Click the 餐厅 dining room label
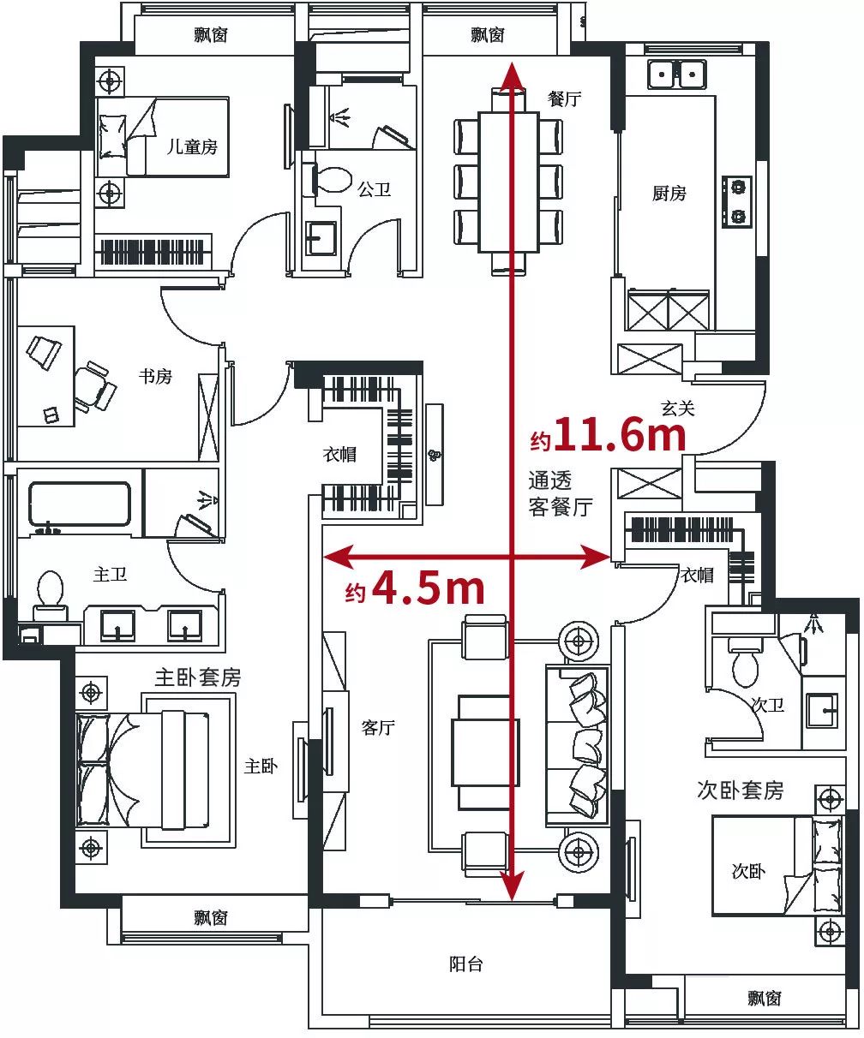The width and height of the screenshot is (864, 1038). pos(564,99)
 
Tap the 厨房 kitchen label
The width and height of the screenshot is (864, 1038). pos(669,193)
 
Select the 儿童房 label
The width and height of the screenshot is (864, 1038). pos(192,146)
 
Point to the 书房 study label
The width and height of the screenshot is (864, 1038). pos(155,376)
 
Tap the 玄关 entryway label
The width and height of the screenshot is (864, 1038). pos(677,409)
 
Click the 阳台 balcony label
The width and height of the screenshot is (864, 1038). pos(465,964)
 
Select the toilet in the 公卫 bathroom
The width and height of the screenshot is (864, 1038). pos(332,181)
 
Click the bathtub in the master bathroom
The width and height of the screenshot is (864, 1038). pos(80,504)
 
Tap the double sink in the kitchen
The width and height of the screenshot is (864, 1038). pos(677,75)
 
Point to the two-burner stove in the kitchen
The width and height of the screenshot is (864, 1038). pos(737,201)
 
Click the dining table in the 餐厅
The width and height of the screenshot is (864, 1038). pos(508,182)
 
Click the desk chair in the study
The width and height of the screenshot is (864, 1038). pos(95,386)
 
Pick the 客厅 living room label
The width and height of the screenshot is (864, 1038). pos(378,728)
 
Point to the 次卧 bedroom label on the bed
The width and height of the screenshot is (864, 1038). pos(748,872)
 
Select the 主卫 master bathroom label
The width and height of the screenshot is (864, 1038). pos(110,575)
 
